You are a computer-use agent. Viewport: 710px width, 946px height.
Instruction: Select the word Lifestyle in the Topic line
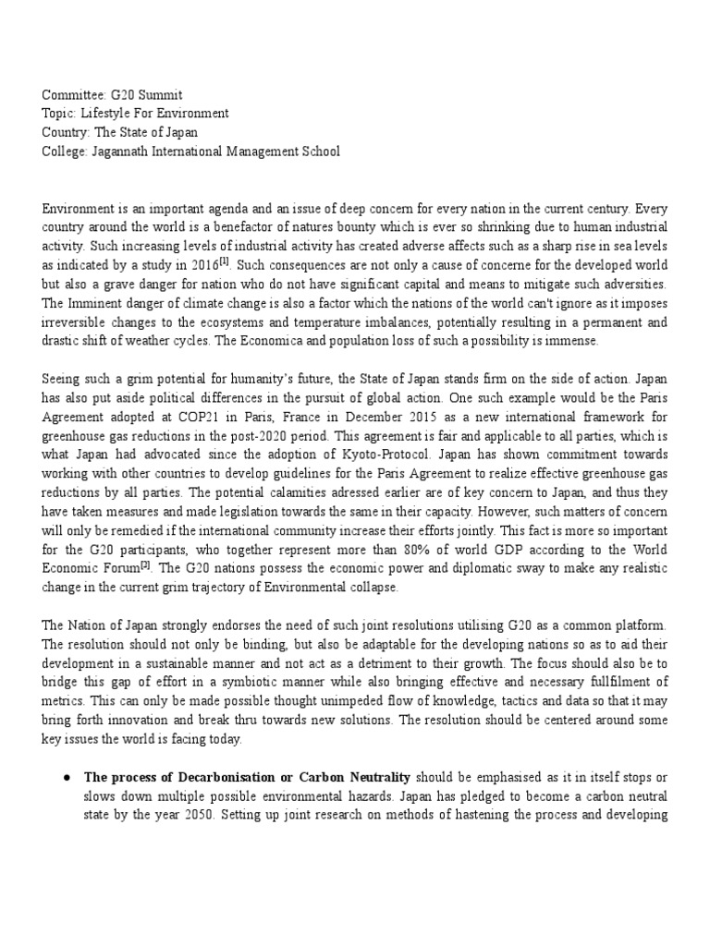(109, 114)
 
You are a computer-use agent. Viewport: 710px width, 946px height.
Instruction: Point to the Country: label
(67, 132)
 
